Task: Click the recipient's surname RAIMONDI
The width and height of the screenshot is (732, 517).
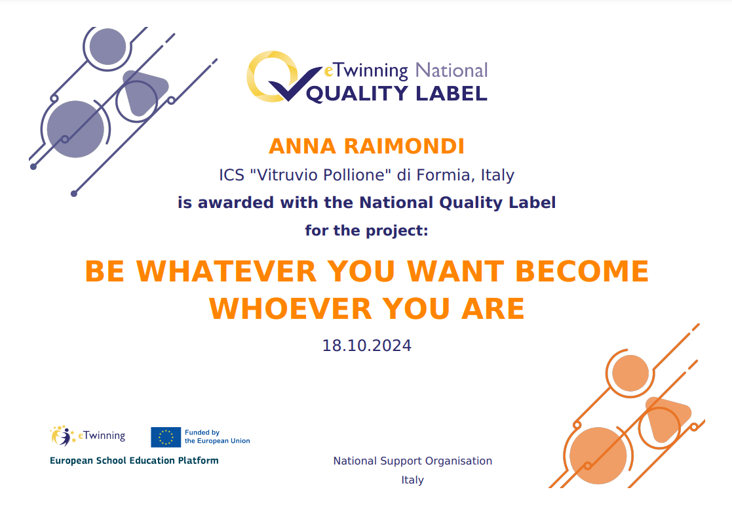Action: pyautogui.click(x=404, y=146)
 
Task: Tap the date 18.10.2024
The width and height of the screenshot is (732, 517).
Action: pyautogui.click(x=366, y=346)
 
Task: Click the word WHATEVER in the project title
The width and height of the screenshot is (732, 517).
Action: pyautogui.click(x=227, y=271)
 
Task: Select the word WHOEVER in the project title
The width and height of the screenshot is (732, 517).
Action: pyautogui.click(x=290, y=308)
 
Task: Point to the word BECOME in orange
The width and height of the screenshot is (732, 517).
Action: pyautogui.click(x=582, y=271)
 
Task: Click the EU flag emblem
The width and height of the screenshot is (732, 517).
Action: pyautogui.click(x=166, y=437)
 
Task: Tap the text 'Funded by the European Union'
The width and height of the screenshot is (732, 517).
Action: pyautogui.click(x=217, y=436)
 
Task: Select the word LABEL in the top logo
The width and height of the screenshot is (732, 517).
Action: pyautogui.click(x=452, y=93)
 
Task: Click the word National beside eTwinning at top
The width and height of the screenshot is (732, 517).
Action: pyautogui.click(x=452, y=71)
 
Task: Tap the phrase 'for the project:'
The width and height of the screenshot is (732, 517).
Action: pyautogui.click(x=366, y=230)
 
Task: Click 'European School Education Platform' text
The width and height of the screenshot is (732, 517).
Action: pyautogui.click(x=134, y=461)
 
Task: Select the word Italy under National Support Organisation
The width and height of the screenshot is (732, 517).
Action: pyautogui.click(x=413, y=480)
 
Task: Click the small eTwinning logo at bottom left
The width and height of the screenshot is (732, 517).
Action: pyautogui.click(x=88, y=436)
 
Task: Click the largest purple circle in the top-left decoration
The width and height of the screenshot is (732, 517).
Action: pyautogui.click(x=75, y=129)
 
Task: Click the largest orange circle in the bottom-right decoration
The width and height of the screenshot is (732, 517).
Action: pyautogui.click(x=598, y=455)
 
